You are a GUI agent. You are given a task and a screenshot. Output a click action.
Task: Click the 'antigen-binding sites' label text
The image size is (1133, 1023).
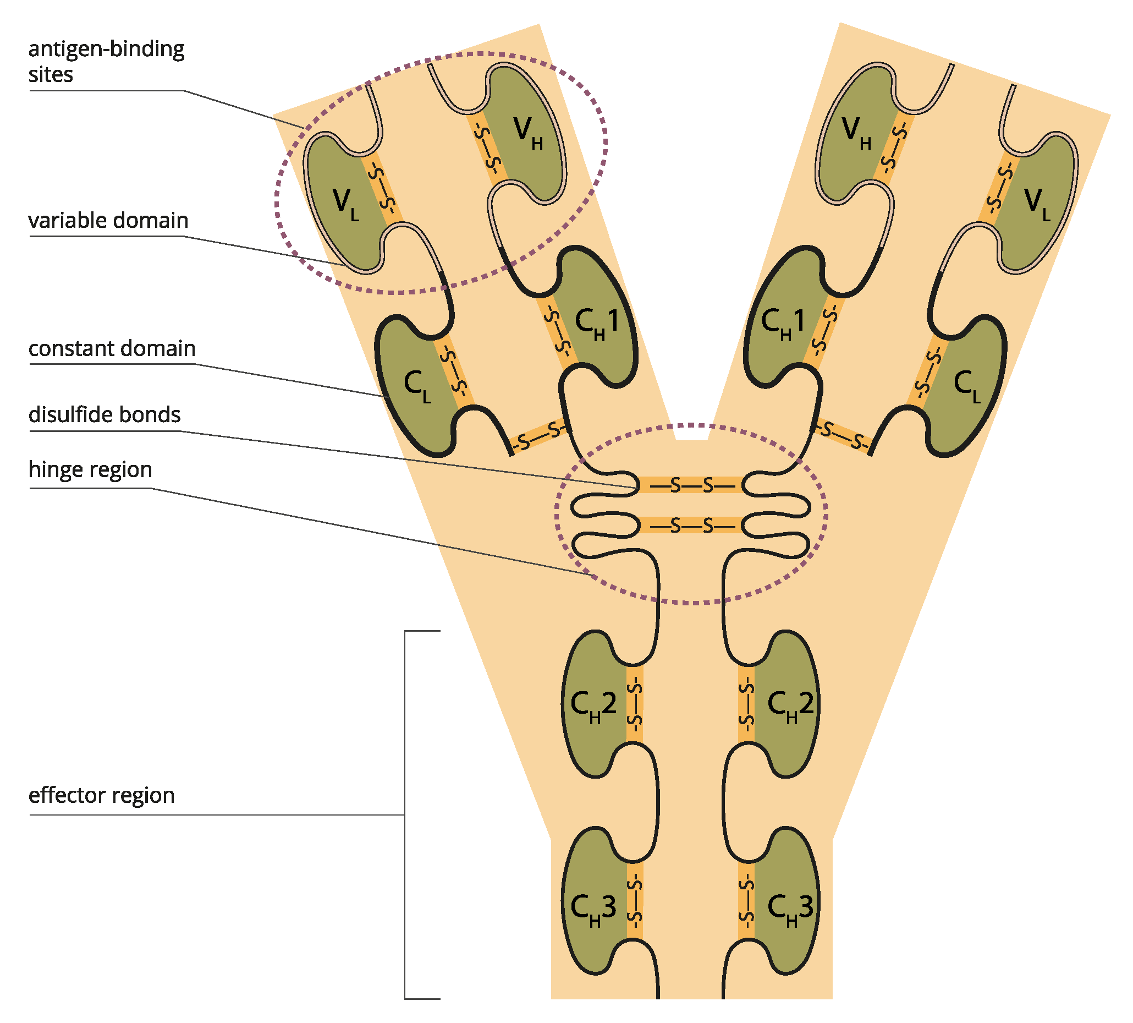[106, 61]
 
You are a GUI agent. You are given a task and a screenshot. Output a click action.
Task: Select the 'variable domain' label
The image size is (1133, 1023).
[108, 220]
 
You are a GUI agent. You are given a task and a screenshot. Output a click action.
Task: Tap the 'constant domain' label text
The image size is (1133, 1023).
[112, 348]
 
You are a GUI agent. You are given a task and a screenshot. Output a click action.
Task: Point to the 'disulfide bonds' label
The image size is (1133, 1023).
[105, 414]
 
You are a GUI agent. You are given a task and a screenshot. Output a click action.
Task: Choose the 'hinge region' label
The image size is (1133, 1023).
[90, 469]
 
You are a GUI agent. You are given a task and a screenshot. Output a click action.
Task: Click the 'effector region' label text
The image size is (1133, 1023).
[101, 795]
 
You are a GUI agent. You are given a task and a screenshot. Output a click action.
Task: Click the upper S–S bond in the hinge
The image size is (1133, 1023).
[691, 484]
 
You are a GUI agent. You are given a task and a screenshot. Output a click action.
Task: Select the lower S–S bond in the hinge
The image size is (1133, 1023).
[691, 526]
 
